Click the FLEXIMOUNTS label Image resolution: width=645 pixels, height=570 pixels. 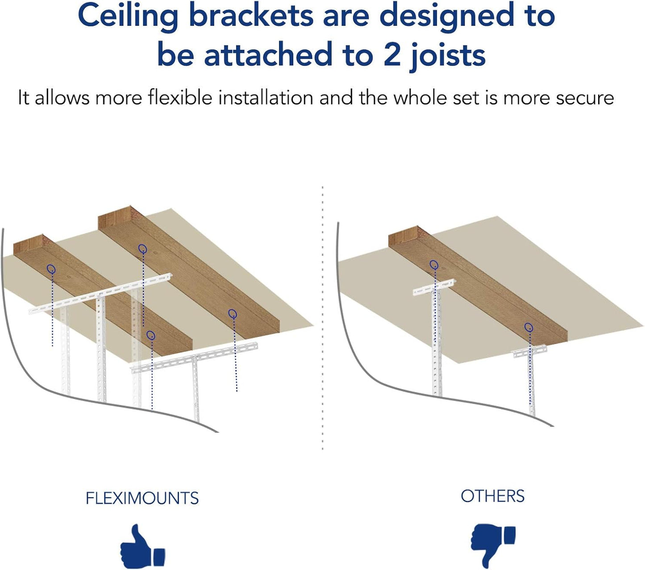[x=142, y=498]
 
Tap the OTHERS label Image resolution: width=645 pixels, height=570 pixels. [x=492, y=496]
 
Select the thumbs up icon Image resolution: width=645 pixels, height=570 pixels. [x=142, y=547]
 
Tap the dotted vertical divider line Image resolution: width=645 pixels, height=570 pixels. [x=322, y=317]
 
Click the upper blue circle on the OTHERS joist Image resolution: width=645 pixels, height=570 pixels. [x=433, y=265]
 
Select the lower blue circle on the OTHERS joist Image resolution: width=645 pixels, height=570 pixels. [x=528, y=327]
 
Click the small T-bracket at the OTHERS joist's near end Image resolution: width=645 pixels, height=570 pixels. [x=529, y=352]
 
